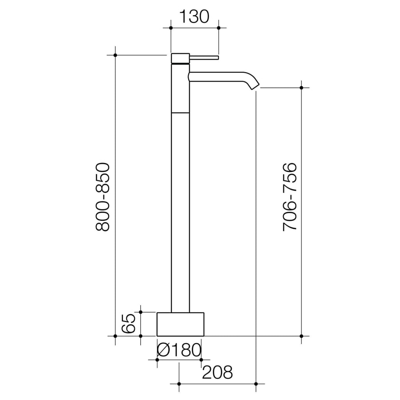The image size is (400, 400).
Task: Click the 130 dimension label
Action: click(194, 17)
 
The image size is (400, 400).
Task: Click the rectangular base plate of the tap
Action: click(180, 324)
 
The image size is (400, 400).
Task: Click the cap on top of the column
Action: click(180, 57)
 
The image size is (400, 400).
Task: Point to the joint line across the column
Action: click(180, 112)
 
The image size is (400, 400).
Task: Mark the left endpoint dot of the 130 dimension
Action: click(171, 28)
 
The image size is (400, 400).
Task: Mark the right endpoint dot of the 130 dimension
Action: click(218, 28)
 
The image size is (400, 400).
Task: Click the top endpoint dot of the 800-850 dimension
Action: click(115, 55)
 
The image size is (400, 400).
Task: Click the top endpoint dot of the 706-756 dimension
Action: click(301, 87)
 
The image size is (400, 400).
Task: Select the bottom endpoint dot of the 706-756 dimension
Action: click(301, 336)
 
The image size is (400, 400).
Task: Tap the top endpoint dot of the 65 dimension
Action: click(141, 312)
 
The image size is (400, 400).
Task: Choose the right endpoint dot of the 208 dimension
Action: click(256, 384)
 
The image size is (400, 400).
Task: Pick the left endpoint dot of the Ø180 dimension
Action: click(157, 359)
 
